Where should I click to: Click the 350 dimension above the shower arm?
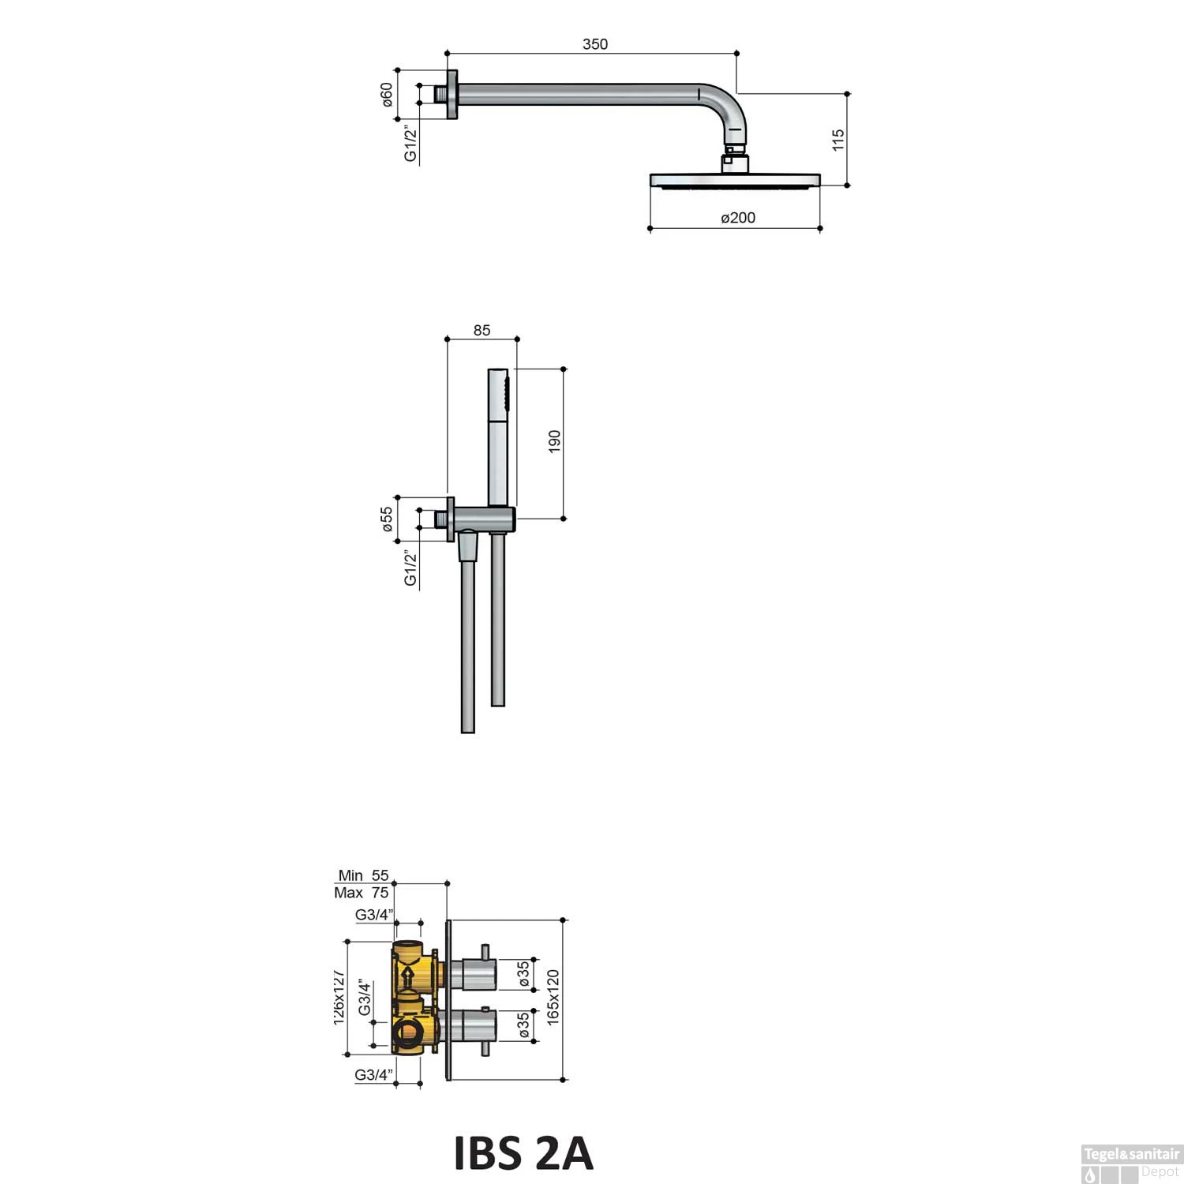[x=595, y=44]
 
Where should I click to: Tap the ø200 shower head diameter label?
[x=738, y=218]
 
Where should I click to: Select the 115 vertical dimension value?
[x=838, y=140]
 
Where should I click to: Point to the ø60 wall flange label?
[x=387, y=95]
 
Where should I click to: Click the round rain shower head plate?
[x=735, y=181]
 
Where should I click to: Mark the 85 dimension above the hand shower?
[x=482, y=331]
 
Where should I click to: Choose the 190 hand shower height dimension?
[x=554, y=441]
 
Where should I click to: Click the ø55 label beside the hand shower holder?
[x=387, y=519]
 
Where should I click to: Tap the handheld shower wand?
[x=499, y=437]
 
